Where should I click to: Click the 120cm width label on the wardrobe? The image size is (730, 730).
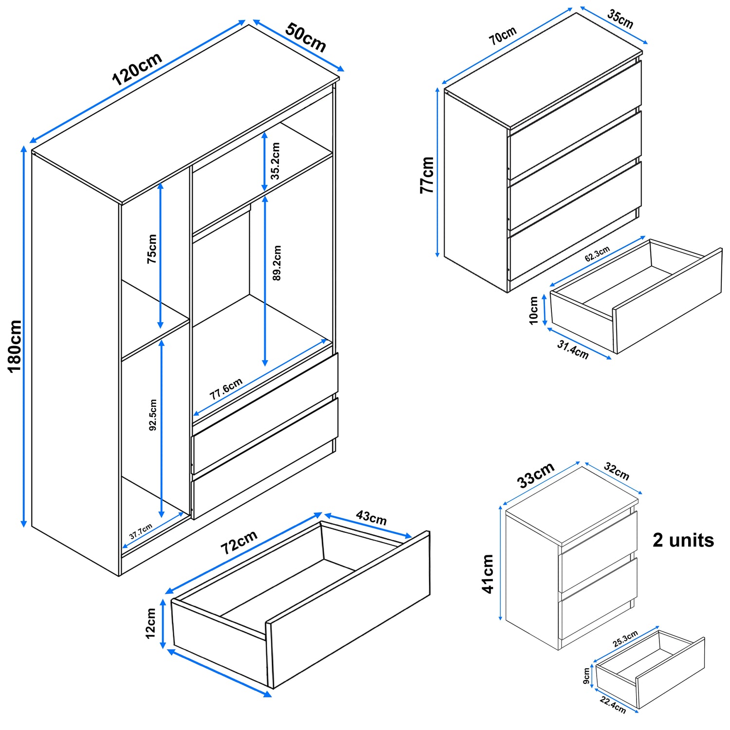point(137,69)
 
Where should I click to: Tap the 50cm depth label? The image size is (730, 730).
point(305,37)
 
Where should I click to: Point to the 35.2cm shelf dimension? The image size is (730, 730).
point(275,161)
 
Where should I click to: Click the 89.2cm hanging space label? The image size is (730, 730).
point(276,263)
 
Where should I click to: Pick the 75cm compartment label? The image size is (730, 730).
point(152,249)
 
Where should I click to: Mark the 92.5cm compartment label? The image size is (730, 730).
point(153,415)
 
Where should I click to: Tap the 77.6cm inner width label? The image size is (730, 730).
point(226,389)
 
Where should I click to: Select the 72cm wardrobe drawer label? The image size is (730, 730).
point(238,543)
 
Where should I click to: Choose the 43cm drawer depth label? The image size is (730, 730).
point(371,517)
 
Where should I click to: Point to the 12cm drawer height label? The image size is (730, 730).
point(151,623)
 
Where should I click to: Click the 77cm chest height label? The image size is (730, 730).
point(427,175)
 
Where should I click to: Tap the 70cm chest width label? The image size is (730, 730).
point(503,36)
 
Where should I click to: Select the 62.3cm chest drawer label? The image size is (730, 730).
point(597,254)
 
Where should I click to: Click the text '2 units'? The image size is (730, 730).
point(683,540)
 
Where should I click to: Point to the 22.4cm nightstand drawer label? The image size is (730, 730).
point(613,704)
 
